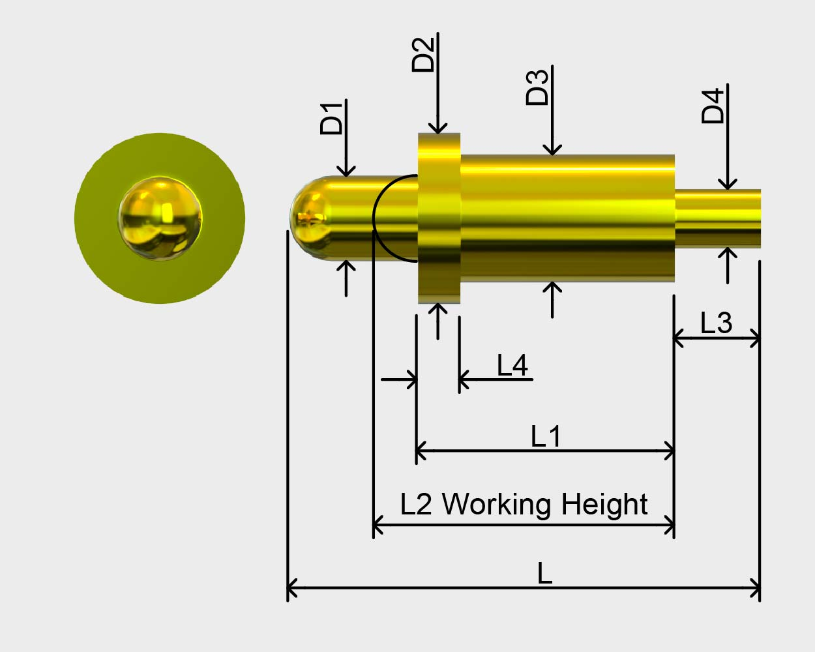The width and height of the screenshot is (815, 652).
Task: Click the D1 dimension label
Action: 331,118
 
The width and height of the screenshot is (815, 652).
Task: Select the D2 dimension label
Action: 423,55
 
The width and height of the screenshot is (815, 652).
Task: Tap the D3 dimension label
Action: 537,87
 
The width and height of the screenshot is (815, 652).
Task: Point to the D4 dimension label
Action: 713,106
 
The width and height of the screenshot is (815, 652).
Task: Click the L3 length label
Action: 716,323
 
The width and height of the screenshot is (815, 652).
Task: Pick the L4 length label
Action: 512,365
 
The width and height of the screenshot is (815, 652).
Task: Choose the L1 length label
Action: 546,436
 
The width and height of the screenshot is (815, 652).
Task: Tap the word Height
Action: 604,505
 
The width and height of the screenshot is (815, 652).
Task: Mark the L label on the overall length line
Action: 544,573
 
